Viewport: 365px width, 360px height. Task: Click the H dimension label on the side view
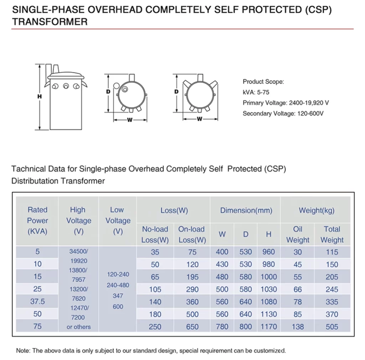[x=40, y=96]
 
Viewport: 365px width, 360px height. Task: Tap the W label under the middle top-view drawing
[x=130, y=120]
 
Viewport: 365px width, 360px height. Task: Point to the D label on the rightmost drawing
[x=176, y=92]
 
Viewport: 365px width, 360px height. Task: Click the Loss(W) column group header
[x=174, y=211]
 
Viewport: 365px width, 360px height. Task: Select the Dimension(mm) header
[x=246, y=211]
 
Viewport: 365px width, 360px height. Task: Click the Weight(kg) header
[x=317, y=211]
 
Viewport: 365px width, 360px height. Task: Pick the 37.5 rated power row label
[x=37, y=301]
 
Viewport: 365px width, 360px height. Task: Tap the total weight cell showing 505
[x=332, y=327]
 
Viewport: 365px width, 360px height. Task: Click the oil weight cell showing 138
[x=298, y=327]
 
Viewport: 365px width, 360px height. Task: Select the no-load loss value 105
[x=155, y=289]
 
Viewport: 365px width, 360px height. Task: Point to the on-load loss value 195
[x=192, y=277]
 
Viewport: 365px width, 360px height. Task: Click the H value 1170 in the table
[x=269, y=327]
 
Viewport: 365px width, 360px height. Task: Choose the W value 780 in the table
[x=222, y=327]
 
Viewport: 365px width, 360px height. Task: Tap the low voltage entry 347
[x=118, y=296]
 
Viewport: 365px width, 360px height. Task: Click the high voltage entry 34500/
[x=79, y=252]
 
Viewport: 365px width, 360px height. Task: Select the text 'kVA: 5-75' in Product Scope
[x=256, y=92]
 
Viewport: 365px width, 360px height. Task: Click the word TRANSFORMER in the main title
[x=50, y=22]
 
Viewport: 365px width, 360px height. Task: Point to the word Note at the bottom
[x=23, y=350]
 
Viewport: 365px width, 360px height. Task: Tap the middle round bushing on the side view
[x=66, y=86]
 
